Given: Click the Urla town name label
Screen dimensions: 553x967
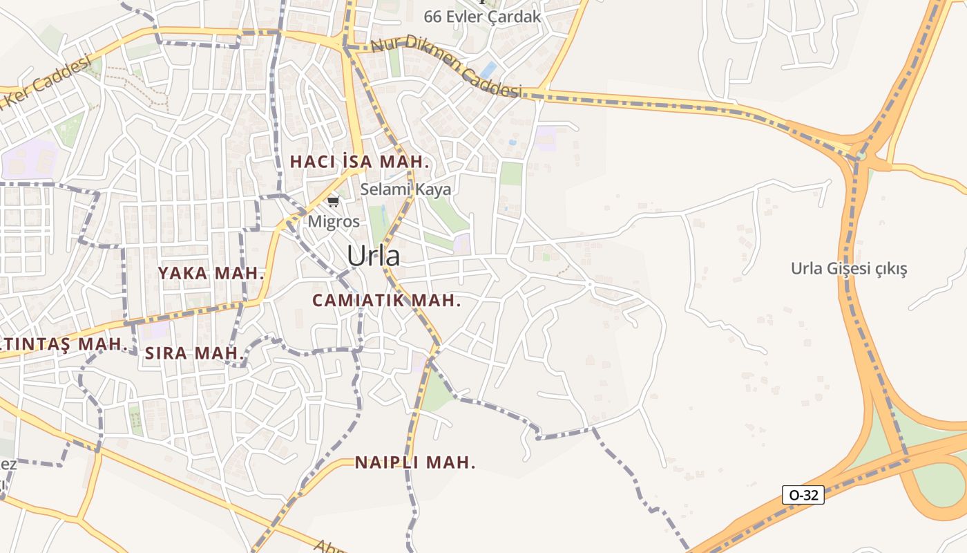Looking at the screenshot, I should [373, 256].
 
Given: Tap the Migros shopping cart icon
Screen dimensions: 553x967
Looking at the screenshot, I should [334, 201].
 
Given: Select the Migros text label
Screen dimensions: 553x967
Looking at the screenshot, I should [334, 222].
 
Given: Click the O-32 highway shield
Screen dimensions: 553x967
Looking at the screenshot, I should [803, 495].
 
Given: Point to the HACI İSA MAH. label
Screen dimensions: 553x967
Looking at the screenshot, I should [360, 162].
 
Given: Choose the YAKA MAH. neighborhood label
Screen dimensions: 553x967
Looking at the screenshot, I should [211, 273].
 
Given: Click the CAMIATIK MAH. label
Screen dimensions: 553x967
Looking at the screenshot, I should [386, 301].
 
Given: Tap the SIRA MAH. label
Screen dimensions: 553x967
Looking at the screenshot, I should [195, 353].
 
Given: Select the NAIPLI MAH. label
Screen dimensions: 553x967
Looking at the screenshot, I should [415, 462].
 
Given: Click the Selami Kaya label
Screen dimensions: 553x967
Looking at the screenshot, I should [405, 189].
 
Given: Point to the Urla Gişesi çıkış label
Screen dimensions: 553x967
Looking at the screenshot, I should [859, 268].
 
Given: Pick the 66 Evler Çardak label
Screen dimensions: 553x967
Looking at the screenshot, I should [482, 17].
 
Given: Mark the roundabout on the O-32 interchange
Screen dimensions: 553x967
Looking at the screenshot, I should [860, 155].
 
